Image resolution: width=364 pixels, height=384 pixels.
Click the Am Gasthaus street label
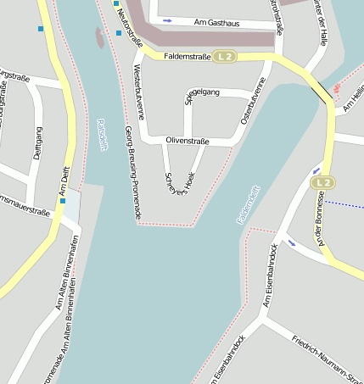click(218, 22)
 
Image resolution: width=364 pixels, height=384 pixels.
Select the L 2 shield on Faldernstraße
click(224, 57)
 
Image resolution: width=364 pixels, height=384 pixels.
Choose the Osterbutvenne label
click(254, 106)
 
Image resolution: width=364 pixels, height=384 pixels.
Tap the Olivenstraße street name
click(188, 140)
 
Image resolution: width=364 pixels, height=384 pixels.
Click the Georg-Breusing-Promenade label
click(132, 174)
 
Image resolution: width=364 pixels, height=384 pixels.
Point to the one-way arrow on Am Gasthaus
click(167, 19)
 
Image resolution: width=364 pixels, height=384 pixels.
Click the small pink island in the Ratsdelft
click(100, 37)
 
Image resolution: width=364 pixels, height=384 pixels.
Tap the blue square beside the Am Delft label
click(62, 201)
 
